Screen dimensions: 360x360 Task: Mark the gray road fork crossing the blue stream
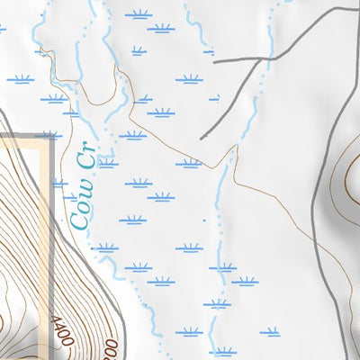[x=271, y=57]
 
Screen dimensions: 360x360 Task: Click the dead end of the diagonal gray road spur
[x=201, y=138]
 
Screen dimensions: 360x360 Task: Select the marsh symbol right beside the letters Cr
[x=108, y=163]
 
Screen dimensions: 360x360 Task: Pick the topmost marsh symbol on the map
[x=137, y=14]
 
